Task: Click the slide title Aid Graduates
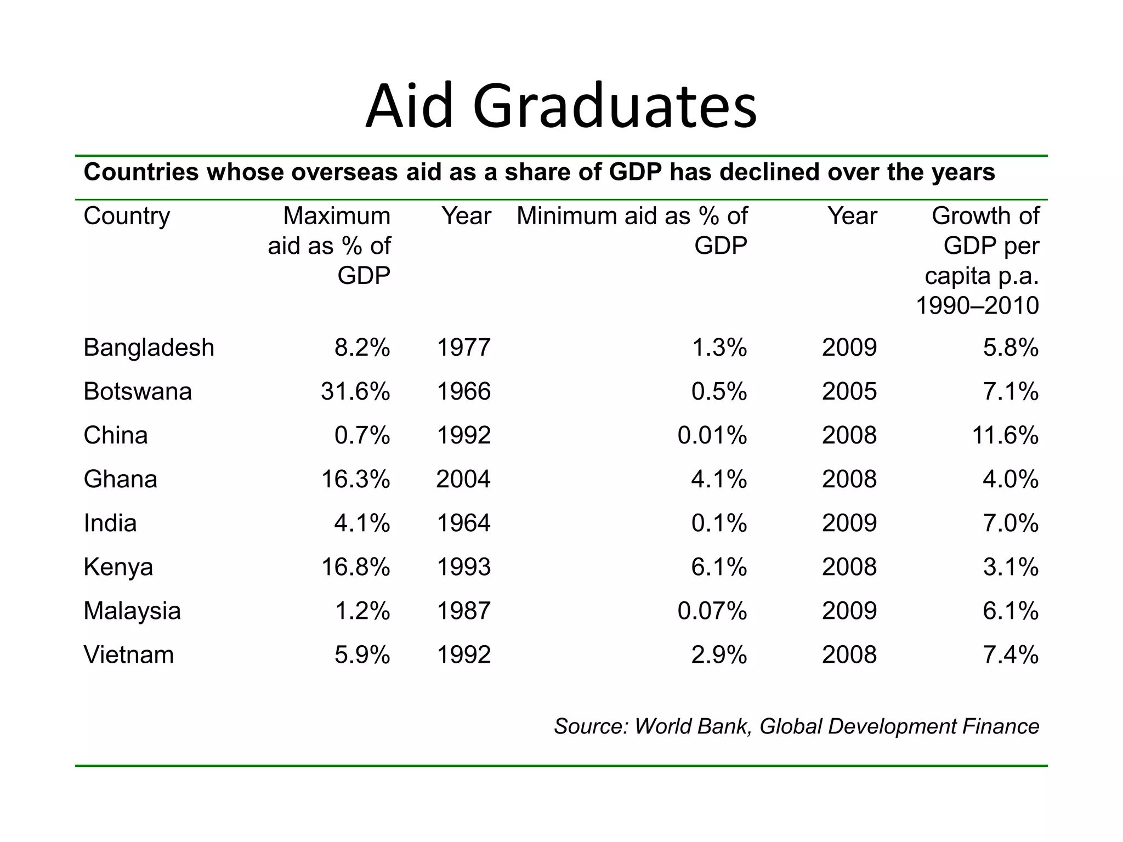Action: coord(561,106)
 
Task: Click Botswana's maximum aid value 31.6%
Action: coord(355,392)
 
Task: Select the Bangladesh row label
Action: coord(149,348)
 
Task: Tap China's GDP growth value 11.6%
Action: coord(1005,436)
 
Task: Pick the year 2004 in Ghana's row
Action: coord(463,480)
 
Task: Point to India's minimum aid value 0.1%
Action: coord(719,524)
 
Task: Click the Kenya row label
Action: coord(118,567)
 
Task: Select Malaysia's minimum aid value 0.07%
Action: coord(712,611)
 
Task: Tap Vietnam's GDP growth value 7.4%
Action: coord(1010,655)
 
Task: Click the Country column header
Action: coord(127,217)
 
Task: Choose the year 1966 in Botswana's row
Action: coord(463,392)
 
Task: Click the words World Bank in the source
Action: coord(691,727)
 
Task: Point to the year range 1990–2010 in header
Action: coord(977,306)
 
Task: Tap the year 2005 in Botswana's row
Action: coord(849,392)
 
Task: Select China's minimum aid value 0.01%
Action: coord(712,436)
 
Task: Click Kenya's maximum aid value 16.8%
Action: coord(355,567)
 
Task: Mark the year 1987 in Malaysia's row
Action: coord(463,611)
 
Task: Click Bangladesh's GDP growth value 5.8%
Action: coord(1010,348)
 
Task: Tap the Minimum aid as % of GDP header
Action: coord(632,231)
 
